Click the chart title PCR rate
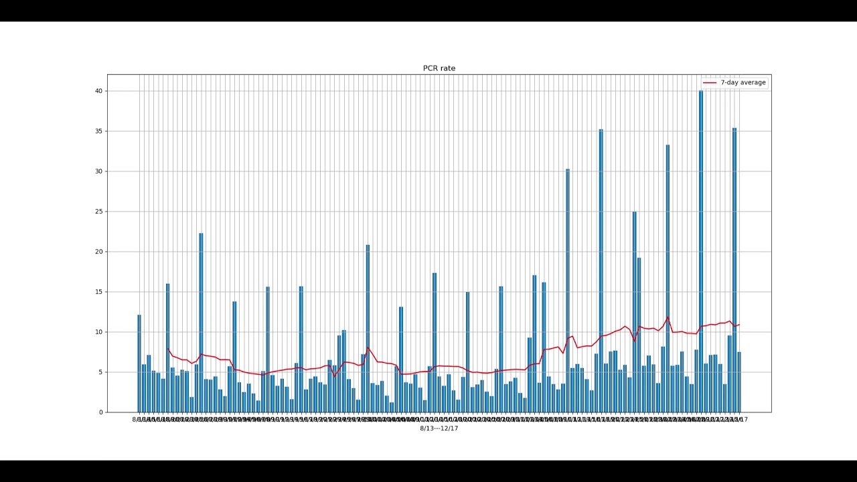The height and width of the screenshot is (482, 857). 439,68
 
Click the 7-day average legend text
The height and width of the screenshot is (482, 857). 743,82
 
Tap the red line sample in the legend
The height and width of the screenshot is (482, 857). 710,82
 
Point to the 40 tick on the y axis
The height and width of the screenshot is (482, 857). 99,91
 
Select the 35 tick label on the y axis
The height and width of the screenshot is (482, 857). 99,131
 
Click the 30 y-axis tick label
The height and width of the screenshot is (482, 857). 99,171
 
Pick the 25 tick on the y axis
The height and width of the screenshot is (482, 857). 99,212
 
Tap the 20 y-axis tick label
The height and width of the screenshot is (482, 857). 99,252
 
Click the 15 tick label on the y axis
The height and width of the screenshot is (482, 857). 99,292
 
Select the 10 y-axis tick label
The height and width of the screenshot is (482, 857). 99,332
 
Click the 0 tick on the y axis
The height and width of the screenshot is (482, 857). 101,412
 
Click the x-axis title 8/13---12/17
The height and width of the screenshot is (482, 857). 439,428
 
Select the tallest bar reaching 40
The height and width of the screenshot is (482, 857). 701,254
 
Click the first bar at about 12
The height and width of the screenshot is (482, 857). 139,365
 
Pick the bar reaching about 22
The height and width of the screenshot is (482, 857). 201,325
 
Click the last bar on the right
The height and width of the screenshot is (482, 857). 739,383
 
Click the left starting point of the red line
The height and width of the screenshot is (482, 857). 167,348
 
